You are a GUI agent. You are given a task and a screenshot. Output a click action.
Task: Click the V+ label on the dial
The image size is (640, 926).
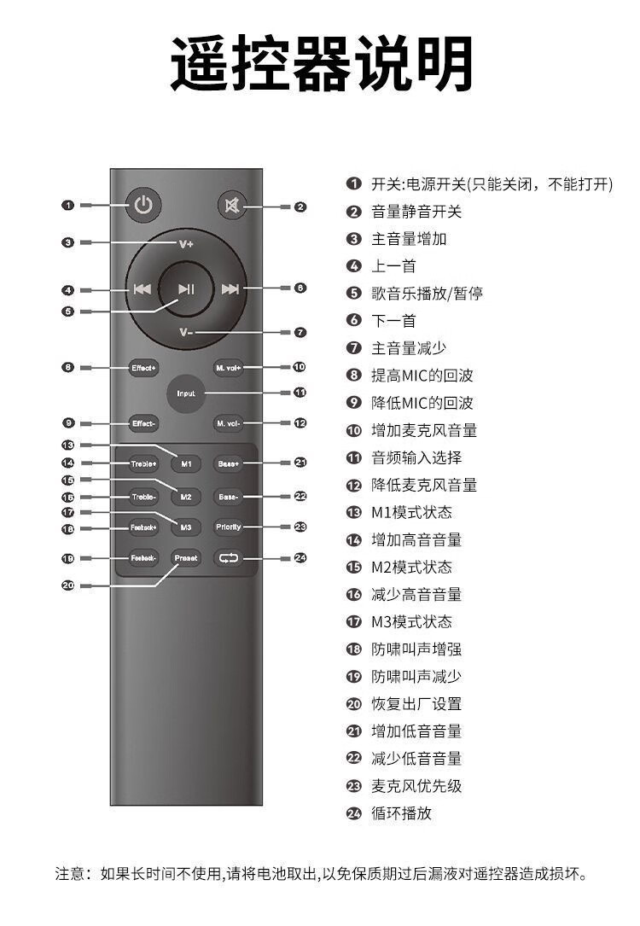187,243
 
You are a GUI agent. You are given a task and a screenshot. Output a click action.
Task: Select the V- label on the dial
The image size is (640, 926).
187,332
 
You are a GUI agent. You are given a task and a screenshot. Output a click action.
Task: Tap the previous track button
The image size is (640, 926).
143,288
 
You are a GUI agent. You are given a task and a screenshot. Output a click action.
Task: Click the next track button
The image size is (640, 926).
230,288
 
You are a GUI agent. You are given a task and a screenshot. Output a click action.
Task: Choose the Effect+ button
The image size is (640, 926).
143,368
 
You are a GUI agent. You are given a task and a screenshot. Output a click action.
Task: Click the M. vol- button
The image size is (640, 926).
230,422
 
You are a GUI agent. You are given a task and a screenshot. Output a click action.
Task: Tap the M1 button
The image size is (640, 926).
186,464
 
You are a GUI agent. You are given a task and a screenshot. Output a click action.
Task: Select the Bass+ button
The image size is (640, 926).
229,464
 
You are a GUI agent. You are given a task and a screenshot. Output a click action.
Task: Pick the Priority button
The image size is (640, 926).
229,527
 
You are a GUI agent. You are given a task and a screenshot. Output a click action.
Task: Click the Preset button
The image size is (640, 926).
186,558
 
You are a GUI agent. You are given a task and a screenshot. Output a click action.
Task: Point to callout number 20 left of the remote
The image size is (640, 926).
68,585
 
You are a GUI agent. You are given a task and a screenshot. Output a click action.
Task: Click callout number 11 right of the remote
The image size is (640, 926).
300,393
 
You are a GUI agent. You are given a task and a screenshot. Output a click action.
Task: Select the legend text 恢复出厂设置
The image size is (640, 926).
416,704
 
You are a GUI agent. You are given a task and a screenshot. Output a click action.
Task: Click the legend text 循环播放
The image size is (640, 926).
401,813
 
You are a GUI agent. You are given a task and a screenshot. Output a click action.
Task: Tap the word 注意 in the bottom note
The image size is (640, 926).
73,874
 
